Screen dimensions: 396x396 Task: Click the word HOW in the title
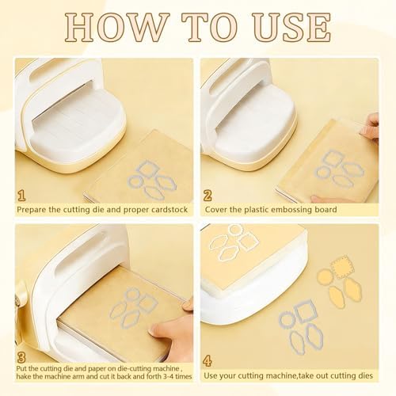pos(117,27)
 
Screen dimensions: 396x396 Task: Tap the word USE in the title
pos(292,27)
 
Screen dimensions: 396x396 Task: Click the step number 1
pos(21,196)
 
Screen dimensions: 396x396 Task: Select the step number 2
pos(208,196)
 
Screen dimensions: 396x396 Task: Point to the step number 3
pos(21,357)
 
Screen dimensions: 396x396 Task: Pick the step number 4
pos(208,360)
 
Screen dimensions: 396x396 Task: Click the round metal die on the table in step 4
pos(287,319)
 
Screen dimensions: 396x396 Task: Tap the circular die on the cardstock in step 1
pos(135,181)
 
